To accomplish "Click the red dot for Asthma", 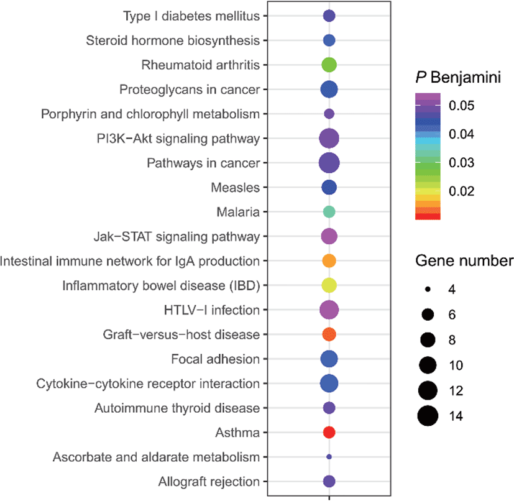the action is point(329,432).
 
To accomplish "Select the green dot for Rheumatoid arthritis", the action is point(329,65).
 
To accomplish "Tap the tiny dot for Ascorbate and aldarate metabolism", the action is point(329,457).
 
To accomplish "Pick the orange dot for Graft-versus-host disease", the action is point(329,334).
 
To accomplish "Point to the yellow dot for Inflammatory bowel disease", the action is point(329,285).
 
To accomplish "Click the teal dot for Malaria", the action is point(329,212).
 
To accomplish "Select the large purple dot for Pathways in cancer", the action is point(329,163).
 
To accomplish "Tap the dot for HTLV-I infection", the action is point(329,310).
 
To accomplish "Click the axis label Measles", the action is point(236,188).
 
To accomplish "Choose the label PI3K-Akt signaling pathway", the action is point(178,139).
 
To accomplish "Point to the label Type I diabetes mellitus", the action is point(191,16).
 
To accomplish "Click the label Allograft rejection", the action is point(209,482).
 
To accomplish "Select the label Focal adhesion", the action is point(216,359).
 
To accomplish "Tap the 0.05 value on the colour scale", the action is point(462,106).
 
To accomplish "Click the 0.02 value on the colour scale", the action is point(462,191).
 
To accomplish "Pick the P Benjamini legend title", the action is point(458,78).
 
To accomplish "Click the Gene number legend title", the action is point(464,261).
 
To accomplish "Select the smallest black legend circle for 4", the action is point(428,289).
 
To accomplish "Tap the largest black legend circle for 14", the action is point(428,416).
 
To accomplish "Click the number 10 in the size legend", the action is point(456,365).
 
